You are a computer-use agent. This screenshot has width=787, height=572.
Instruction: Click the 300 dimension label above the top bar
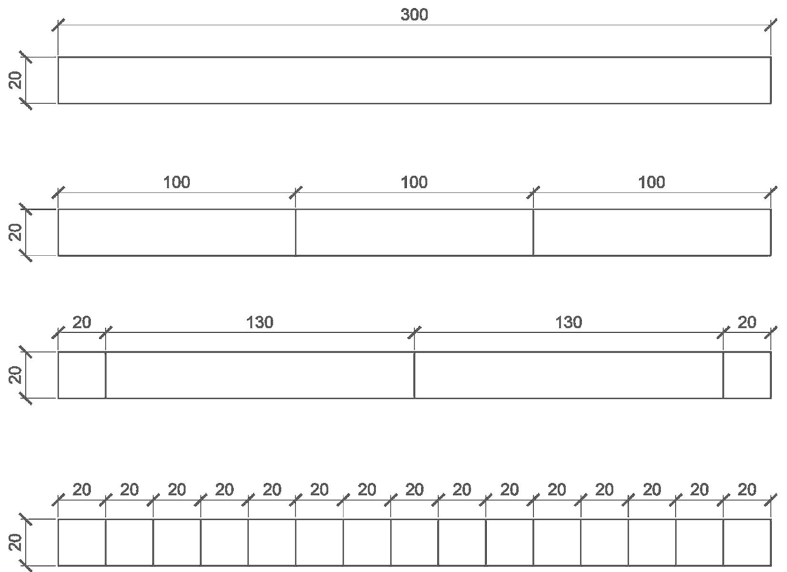pyautogui.click(x=414, y=15)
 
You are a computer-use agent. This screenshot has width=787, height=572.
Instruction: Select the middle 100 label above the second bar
pyautogui.click(x=414, y=182)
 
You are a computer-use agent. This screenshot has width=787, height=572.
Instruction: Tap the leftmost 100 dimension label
pyautogui.click(x=177, y=182)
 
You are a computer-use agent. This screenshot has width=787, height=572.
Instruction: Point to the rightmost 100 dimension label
pyautogui.click(x=651, y=182)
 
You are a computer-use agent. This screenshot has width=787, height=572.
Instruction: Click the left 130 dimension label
pyautogui.click(x=260, y=323)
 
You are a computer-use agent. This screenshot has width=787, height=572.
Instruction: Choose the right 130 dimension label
pyautogui.click(x=569, y=323)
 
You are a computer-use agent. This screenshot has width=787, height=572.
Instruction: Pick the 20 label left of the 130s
pyautogui.click(x=81, y=323)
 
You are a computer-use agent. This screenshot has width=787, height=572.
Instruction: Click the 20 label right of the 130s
pyautogui.click(x=747, y=323)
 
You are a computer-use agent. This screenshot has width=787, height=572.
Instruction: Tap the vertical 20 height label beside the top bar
pyautogui.click(x=16, y=80)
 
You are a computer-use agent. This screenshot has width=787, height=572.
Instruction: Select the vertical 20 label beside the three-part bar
pyautogui.click(x=16, y=232)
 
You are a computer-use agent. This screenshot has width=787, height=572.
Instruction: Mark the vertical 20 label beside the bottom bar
pyautogui.click(x=16, y=542)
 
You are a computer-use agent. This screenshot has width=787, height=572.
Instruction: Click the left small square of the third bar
pyautogui.click(x=82, y=375)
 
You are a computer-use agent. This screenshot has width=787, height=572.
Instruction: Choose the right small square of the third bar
pyautogui.click(x=747, y=375)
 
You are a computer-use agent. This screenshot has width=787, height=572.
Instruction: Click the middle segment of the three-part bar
pyautogui.click(x=414, y=232)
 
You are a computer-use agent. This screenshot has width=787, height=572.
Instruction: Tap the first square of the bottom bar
pyautogui.click(x=82, y=542)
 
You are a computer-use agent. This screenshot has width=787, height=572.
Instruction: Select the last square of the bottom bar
pyautogui.click(x=747, y=542)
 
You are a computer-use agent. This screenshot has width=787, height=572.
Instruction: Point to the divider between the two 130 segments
pyautogui.click(x=414, y=375)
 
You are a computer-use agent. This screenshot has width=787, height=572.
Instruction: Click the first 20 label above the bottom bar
pyautogui.click(x=81, y=490)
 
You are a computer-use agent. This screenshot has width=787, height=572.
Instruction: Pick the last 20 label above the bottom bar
pyautogui.click(x=747, y=490)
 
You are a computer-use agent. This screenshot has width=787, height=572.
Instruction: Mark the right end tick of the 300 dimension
pyautogui.click(x=771, y=25)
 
